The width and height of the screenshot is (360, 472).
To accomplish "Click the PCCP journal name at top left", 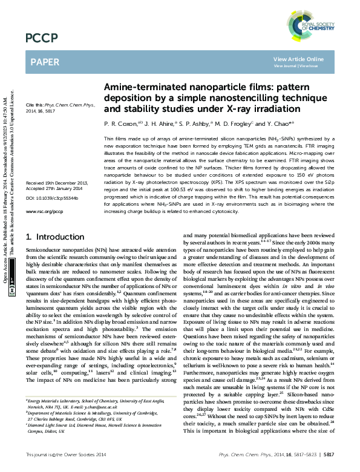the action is (41, 38).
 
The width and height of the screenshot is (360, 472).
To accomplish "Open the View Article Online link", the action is (298, 59).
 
